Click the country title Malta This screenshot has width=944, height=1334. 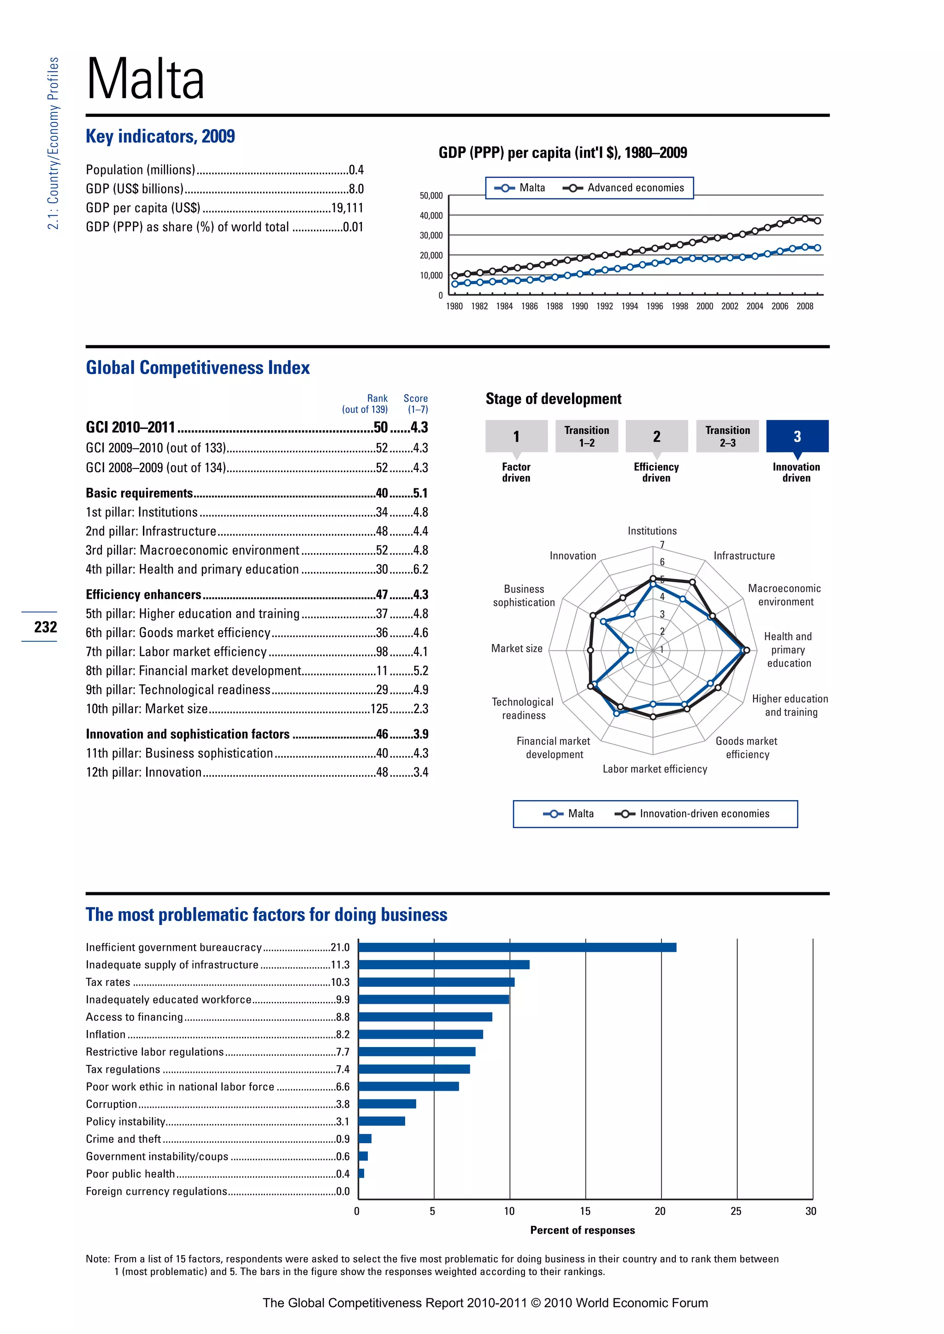point(145,79)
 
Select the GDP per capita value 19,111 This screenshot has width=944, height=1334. point(347,208)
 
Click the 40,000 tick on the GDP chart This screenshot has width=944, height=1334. point(431,216)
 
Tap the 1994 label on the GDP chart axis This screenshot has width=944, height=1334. point(630,306)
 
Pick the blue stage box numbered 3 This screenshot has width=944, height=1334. point(797,436)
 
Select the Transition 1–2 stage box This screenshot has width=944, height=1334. point(586,436)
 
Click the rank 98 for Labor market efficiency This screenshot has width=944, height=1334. point(382,652)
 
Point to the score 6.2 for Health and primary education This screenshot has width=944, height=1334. point(420,569)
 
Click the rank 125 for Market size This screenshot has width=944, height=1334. point(379,709)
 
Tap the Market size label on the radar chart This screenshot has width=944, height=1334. point(516,649)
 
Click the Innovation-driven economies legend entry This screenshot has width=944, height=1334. point(704,813)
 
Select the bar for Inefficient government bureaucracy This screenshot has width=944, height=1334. point(517,948)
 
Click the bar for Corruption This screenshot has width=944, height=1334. point(387,1104)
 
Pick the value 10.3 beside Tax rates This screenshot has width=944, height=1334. point(340,983)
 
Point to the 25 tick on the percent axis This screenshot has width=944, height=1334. point(736,1211)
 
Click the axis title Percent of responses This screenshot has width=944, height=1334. point(583,1230)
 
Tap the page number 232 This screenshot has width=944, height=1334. point(45,627)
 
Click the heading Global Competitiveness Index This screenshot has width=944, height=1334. point(198,368)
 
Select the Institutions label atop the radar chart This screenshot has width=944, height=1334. point(652,531)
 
